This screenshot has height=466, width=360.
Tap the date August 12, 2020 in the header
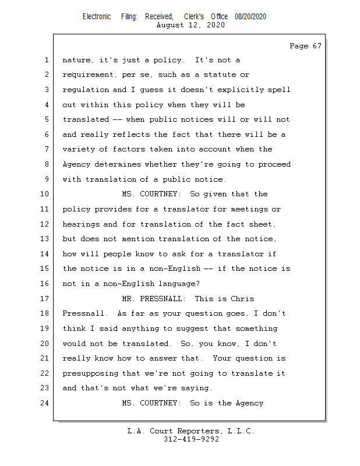(191, 25)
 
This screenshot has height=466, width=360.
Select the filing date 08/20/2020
(250, 17)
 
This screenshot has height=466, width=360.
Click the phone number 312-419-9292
(191, 439)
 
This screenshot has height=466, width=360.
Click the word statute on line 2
(213, 75)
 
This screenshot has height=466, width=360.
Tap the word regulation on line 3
(86, 90)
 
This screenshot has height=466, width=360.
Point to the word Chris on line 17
(243, 299)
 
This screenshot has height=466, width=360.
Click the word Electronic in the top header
(97, 17)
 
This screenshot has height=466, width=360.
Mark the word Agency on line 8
(76, 164)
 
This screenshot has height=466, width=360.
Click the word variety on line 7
(79, 150)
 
